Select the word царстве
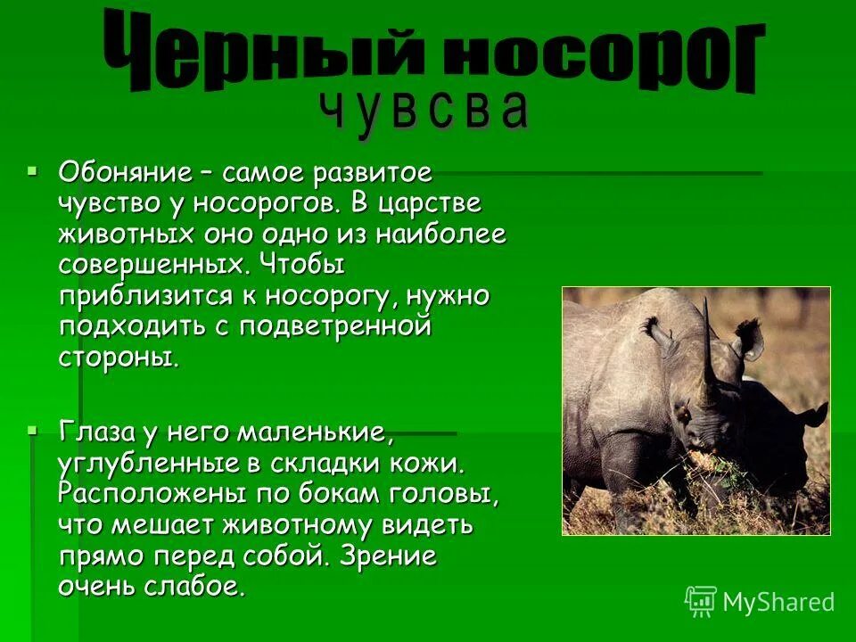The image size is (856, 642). click(x=432, y=203)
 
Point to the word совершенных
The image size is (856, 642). click(x=152, y=266)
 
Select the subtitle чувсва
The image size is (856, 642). click(x=424, y=112)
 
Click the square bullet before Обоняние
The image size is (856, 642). click(x=33, y=169)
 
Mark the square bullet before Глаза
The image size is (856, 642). click(x=33, y=429)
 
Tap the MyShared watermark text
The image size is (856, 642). click(x=778, y=602)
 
